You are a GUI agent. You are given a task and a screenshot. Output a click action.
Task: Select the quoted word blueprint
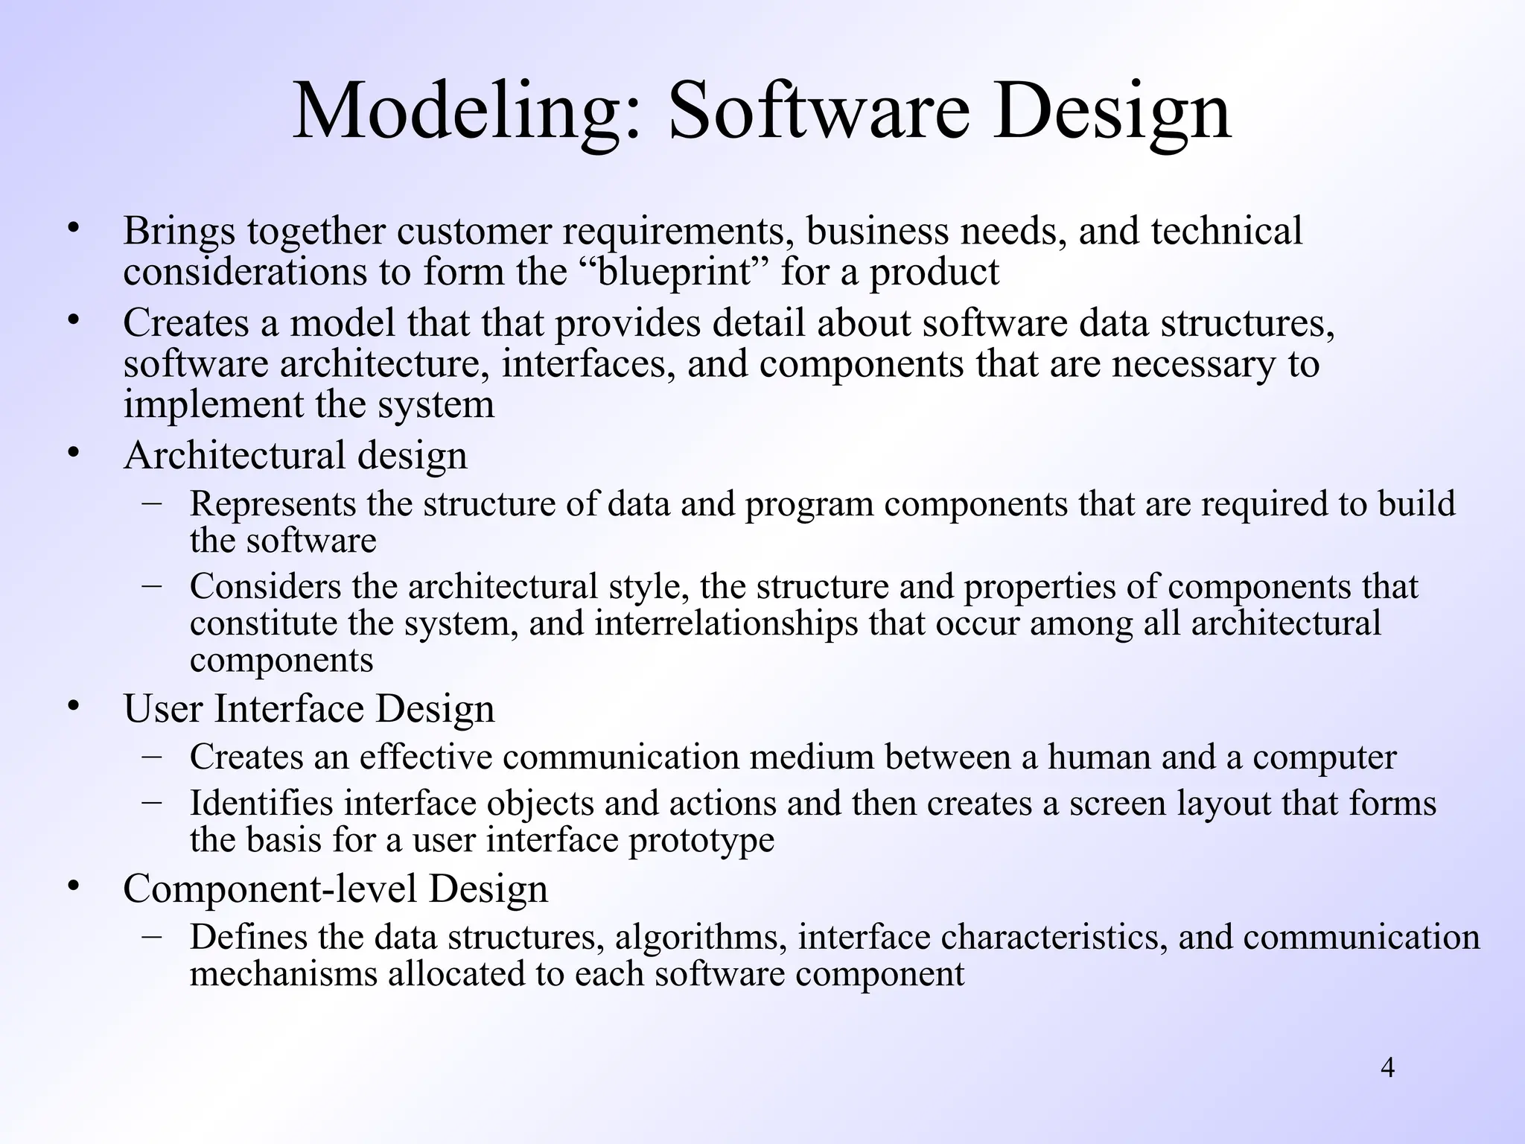[x=675, y=272]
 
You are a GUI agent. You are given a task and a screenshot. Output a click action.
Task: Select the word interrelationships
[x=726, y=623]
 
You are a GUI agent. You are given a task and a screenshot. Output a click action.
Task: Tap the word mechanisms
[x=284, y=974]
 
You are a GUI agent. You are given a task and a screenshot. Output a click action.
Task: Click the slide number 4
[x=1387, y=1068]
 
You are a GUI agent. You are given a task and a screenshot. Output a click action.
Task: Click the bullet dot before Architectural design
[x=73, y=452]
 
